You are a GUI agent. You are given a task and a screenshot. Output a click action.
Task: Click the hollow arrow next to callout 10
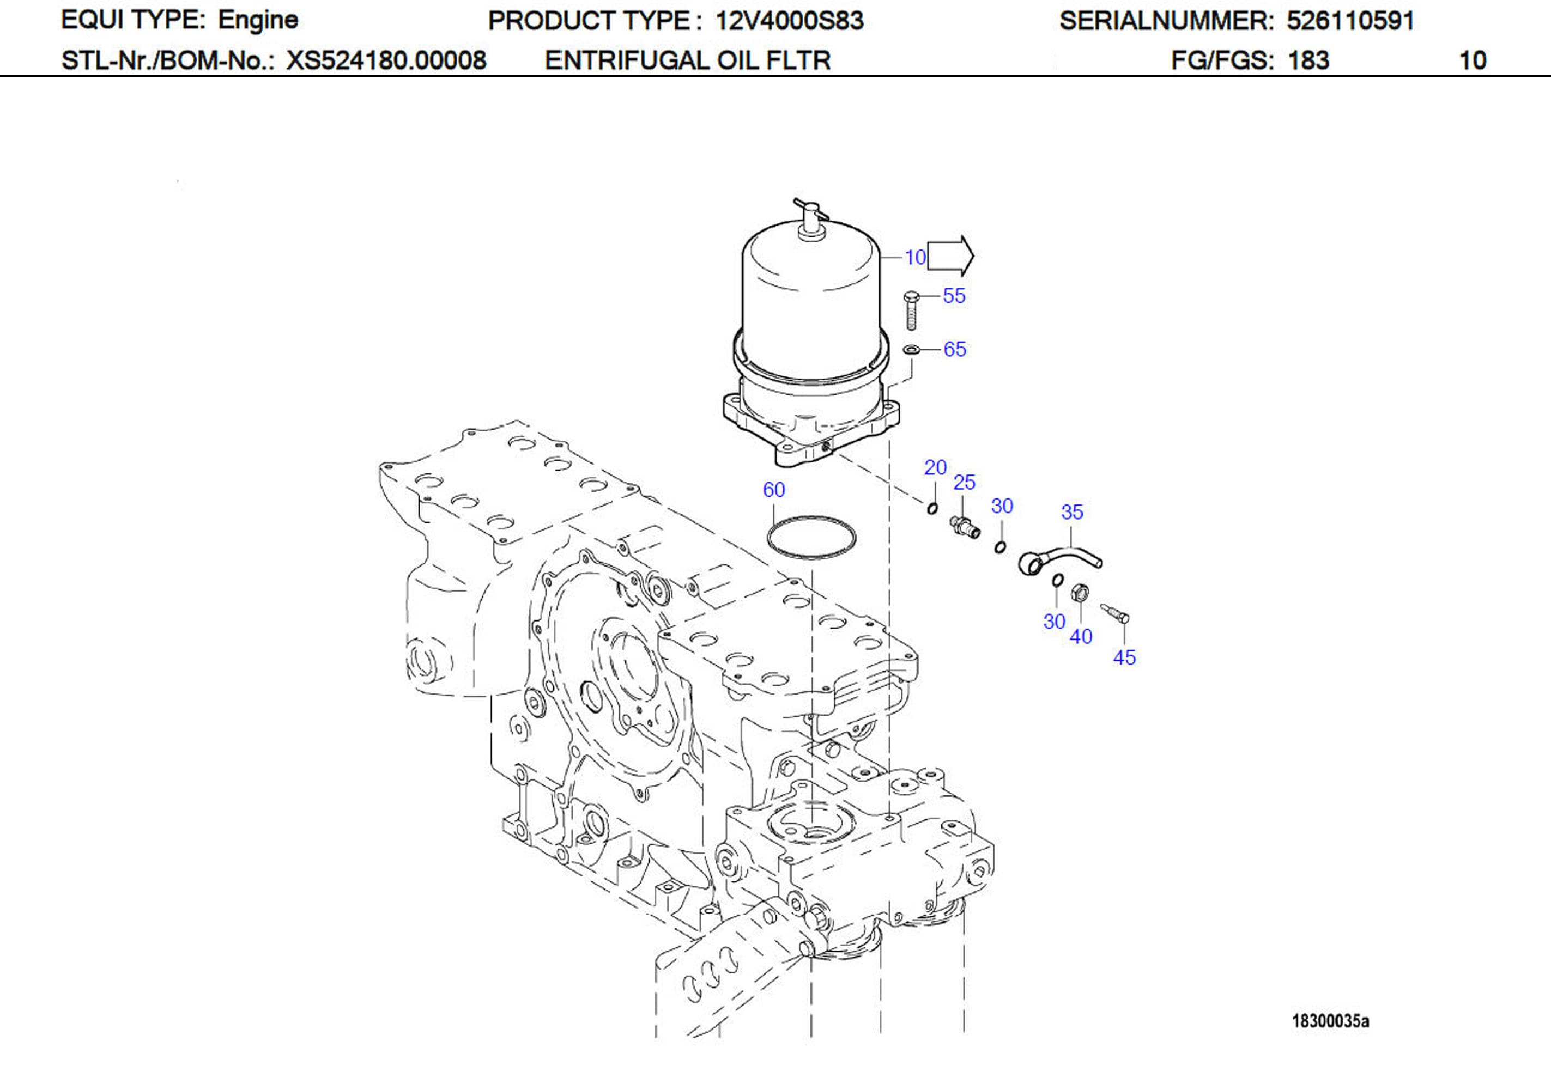tap(950, 257)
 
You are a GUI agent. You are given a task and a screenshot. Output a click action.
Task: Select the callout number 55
tap(954, 296)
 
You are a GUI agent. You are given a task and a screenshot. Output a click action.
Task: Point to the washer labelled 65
tap(911, 349)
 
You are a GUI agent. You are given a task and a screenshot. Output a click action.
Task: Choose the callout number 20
tap(935, 467)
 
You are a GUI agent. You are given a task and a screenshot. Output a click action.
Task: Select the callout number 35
tap(1071, 512)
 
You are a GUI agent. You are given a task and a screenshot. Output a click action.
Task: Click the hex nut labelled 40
tap(1080, 594)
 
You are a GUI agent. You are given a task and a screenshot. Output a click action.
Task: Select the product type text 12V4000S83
tap(789, 21)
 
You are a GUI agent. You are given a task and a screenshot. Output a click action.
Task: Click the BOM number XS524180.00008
tap(386, 61)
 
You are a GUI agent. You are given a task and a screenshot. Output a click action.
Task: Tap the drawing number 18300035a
tap(1330, 1021)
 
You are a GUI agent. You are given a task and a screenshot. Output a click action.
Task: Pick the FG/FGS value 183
tap(1308, 61)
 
